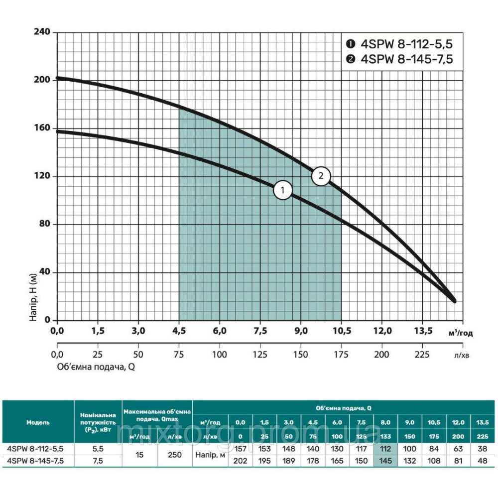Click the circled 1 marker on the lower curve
tap(283, 190)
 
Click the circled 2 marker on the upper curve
tap(321, 175)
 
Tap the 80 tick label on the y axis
tap(46, 225)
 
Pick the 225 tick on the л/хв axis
tap(422, 355)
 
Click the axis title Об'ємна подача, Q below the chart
tap(95, 367)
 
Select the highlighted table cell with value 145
tap(385, 461)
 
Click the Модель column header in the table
tap(38, 422)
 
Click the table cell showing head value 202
tap(240, 461)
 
